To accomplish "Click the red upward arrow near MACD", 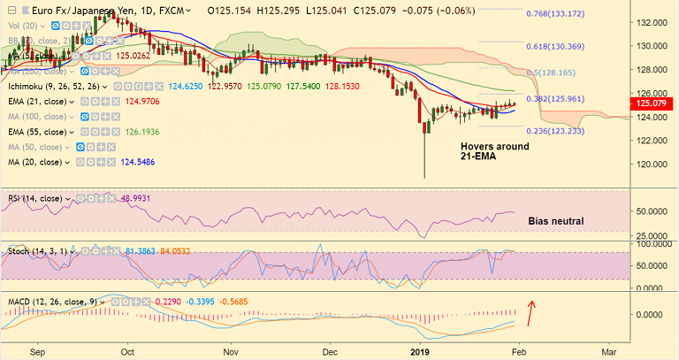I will [531, 311].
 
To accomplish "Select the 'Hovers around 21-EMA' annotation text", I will [494, 152].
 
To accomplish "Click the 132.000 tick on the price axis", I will [654, 21].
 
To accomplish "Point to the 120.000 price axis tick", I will [654, 165].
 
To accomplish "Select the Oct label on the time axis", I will [129, 350].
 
